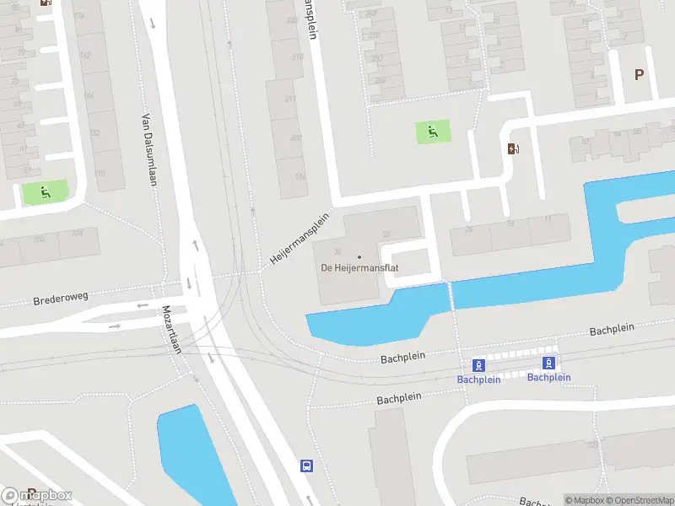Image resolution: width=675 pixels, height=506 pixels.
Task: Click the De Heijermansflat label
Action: coord(359,268)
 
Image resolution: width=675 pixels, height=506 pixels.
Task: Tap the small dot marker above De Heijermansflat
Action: coord(359,256)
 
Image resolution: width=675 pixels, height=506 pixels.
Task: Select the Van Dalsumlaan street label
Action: coord(148,150)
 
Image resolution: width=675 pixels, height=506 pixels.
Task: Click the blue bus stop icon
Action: coord(306,466)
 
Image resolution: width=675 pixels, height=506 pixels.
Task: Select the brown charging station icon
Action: coord(513,148)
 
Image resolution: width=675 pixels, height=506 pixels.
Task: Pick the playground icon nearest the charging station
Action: coord(432,131)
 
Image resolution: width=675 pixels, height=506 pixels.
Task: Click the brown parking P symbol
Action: coord(639,74)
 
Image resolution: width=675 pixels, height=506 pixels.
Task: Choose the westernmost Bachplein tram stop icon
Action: coord(478,365)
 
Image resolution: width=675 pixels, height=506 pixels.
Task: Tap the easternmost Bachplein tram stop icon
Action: coord(548,363)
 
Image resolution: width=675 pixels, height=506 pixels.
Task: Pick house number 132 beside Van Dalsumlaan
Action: coord(96,132)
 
